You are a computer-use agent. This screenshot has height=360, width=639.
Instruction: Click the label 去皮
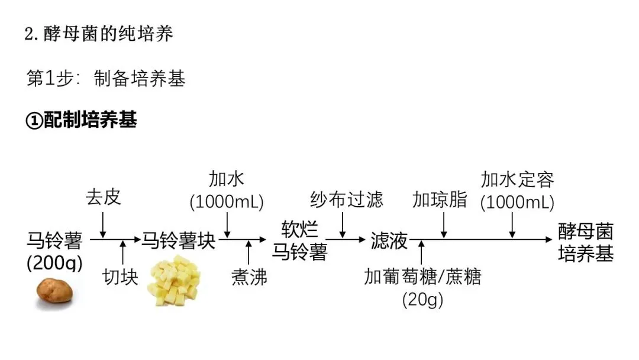point(104,197)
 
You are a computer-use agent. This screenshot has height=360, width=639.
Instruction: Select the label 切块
point(121,277)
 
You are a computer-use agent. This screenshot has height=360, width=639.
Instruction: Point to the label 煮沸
point(249,277)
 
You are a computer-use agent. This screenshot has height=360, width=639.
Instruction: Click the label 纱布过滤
point(347,200)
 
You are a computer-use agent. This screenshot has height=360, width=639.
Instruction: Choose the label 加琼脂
point(440,200)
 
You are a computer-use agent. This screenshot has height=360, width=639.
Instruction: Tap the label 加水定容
point(517,179)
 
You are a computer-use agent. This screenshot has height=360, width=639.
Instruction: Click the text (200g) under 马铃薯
point(55,262)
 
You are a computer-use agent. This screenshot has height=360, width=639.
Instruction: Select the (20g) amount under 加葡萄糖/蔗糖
point(422,300)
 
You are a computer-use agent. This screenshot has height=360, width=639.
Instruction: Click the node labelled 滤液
point(389,240)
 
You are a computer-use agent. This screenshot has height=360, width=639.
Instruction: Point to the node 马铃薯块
point(177,240)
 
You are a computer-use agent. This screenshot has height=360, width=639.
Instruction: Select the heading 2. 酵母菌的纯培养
point(99,34)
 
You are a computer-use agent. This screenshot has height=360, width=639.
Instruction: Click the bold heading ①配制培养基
point(82,120)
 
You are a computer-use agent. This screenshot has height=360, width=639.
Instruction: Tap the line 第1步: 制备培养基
point(106,78)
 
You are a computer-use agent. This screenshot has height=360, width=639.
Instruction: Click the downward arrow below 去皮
point(104,223)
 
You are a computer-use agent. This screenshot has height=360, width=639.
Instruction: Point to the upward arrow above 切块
point(123,252)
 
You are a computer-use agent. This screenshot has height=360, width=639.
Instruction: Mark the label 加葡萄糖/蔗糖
point(422,277)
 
